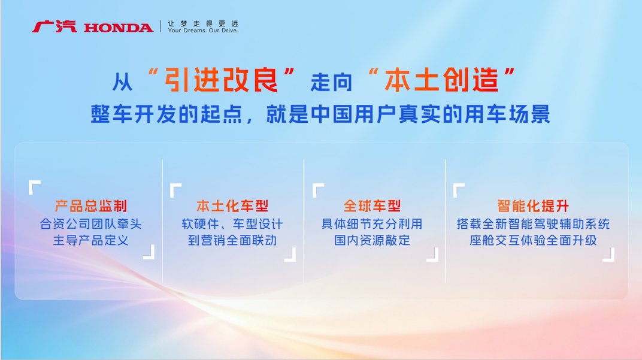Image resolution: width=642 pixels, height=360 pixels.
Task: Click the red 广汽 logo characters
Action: point(54,26)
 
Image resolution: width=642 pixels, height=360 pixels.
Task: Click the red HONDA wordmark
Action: point(119,28)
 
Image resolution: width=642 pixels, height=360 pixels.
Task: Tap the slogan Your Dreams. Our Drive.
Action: point(202,31)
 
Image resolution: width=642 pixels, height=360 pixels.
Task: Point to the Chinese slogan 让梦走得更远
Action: point(202,23)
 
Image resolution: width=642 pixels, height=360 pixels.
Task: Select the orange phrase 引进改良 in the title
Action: point(221,80)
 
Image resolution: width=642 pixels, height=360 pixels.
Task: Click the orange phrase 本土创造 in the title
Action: point(441,80)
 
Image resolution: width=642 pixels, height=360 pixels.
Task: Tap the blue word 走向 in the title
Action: point(331,82)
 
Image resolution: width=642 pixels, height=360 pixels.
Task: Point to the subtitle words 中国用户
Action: point(353,114)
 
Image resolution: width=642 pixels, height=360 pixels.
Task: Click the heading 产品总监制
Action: point(91,206)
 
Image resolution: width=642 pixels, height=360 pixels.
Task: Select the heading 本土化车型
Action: point(232,206)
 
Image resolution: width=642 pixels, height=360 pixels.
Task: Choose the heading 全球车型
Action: point(372,206)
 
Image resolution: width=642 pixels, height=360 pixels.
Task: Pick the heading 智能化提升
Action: point(533,206)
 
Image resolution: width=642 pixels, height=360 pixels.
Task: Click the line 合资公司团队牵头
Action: point(91,224)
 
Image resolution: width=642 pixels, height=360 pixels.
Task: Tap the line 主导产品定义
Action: point(91,240)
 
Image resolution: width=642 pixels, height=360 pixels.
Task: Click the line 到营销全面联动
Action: point(232,240)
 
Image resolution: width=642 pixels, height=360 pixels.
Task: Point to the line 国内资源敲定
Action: point(372,240)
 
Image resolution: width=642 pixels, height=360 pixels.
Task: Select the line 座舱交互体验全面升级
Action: point(533,240)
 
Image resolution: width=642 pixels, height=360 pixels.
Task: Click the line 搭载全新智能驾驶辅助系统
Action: point(533,224)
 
